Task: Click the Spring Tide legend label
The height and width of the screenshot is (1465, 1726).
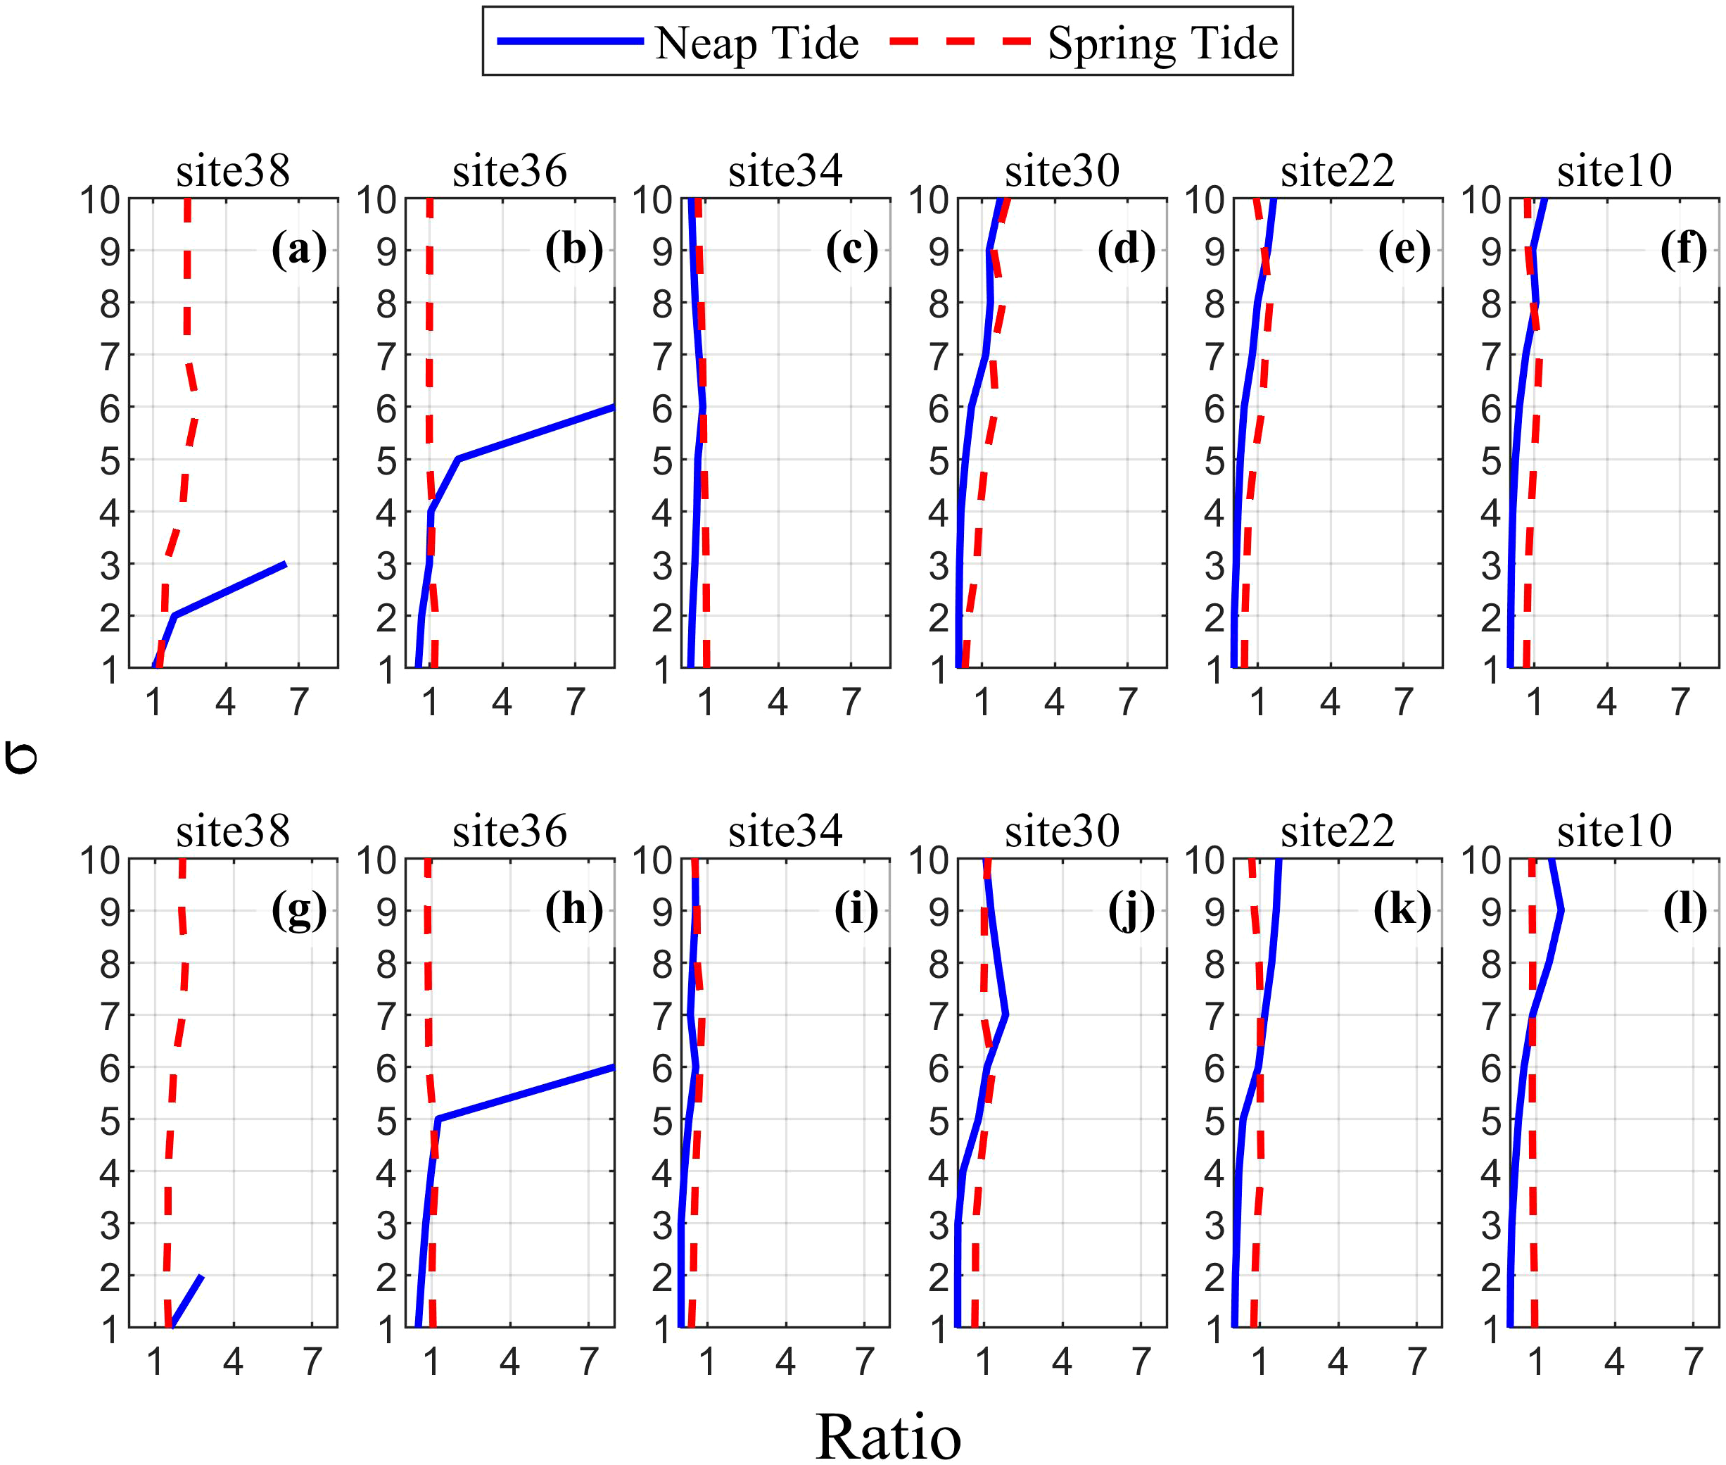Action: pyautogui.click(x=1162, y=43)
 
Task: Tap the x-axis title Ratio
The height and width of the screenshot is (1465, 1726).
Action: pyautogui.click(x=887, y=1436)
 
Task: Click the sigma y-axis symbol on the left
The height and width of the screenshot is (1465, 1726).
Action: pyautogui.click(x=20, y=757)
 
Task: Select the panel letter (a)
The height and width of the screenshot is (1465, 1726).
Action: pyautogui.click(x=299, y=249)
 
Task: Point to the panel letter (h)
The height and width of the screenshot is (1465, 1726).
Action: pyautogui.click(x=573, y=909)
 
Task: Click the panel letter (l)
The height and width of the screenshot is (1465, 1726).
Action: pyautogui.click(x=1684, y=909)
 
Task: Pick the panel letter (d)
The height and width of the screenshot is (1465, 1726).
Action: pyautogui.click(x=1126, y=249)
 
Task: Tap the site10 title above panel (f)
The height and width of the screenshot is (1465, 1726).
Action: pyautogui.click(x=1613, y=171)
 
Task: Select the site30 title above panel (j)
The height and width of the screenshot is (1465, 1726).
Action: pyautogui.click(x=1061, y=831)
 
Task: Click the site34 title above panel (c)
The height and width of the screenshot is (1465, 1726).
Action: pyautogui.click(x=785, y=171)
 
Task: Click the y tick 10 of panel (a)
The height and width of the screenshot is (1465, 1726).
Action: pyautogui.click(x=100, y=200)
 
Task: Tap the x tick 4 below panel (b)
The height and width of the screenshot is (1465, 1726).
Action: pyautogui.click(x=502, y=703)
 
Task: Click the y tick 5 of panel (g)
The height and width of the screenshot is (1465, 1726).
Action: pyautogui.click(x=110, y=1121)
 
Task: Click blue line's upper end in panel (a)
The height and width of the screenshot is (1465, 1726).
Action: pyautogui.click(x=286, y=564)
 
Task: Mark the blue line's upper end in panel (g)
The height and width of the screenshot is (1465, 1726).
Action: pyautogui.click(x=202, y=1276)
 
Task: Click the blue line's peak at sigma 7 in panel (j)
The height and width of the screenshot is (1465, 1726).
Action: pyautogui.click(x=1005, y=1015)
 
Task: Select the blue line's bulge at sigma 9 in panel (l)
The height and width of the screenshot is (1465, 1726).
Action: pyautogui.click(x=1561, y=910)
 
